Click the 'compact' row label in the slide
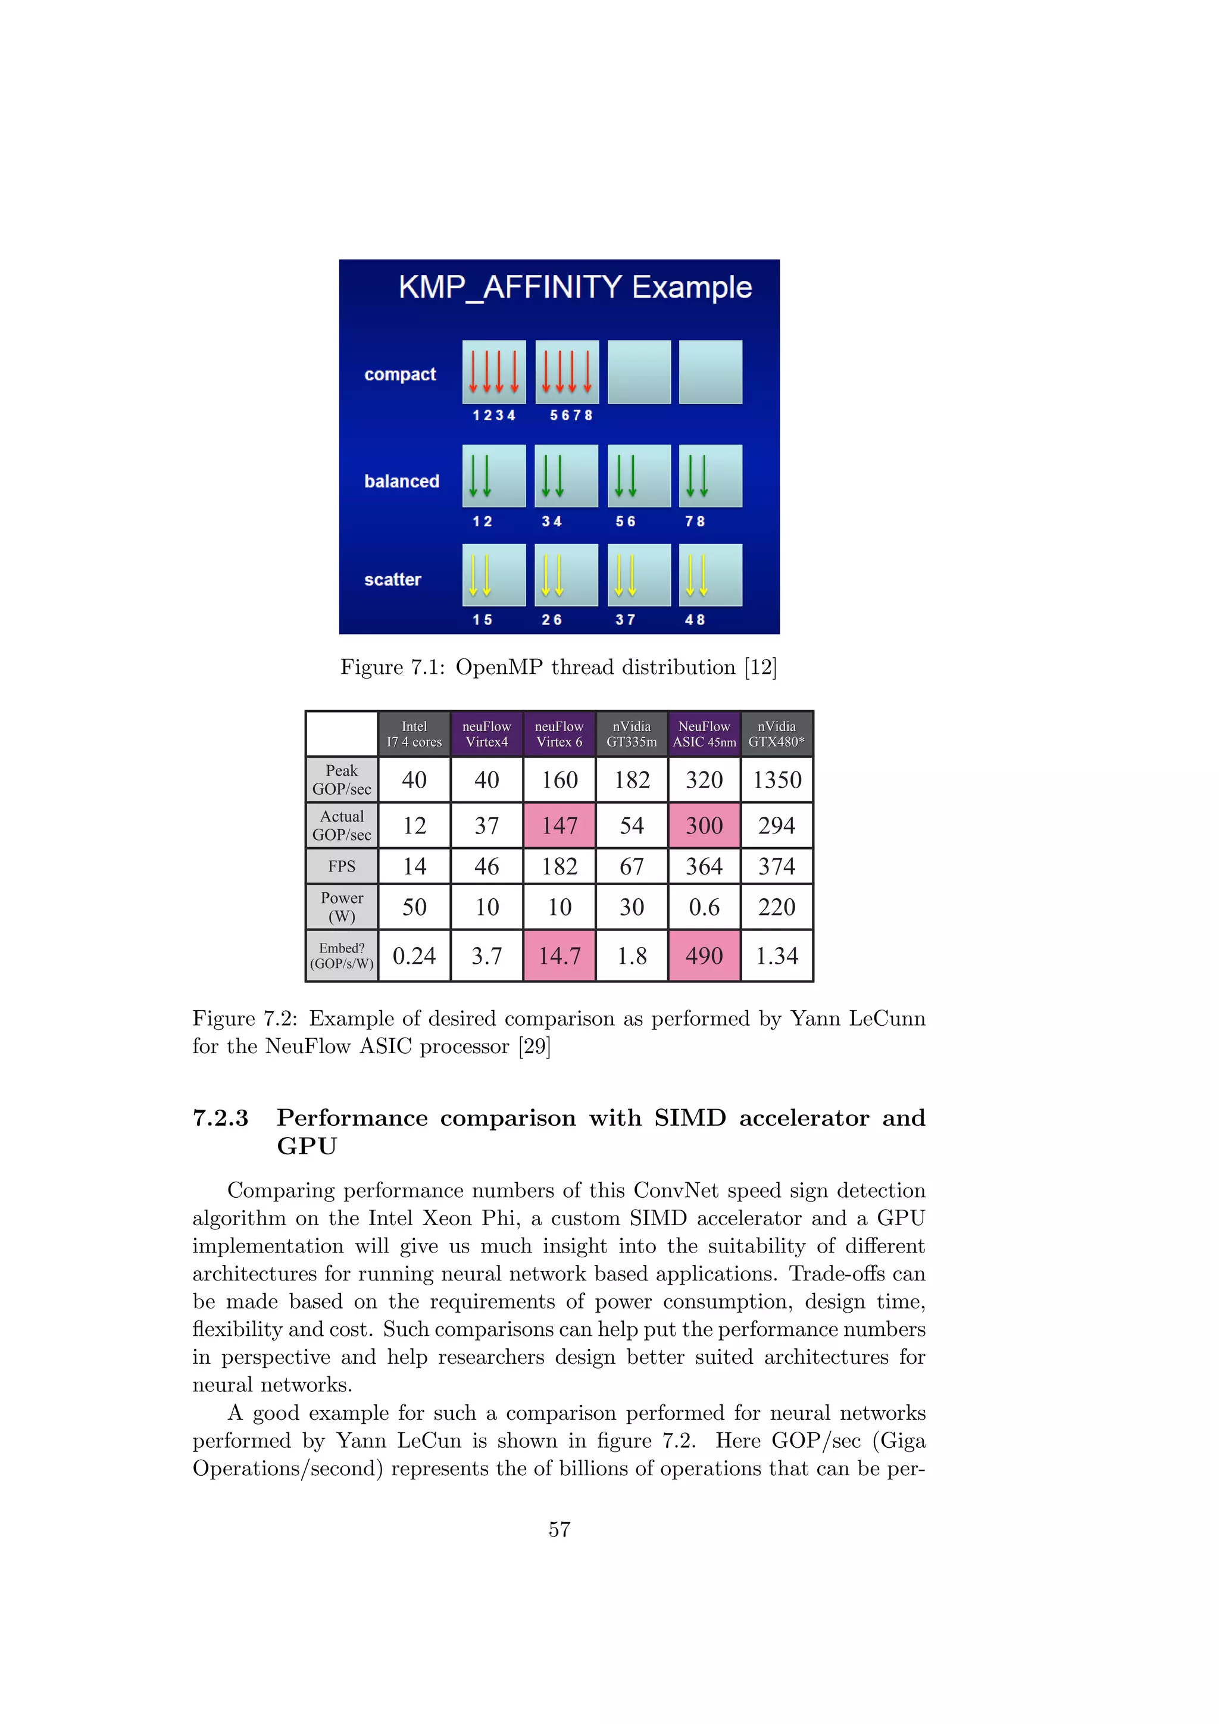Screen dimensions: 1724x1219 (399, 374)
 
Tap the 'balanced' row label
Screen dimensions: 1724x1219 (402, 482)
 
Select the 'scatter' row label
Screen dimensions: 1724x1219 (393, 580)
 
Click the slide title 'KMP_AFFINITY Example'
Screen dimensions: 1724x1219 (575, 288)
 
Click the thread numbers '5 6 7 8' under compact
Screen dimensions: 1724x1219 (571, 416)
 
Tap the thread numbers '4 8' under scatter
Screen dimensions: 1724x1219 (695, 620)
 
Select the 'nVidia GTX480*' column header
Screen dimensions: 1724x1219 (776, 733)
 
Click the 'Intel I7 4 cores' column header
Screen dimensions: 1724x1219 (414, 733)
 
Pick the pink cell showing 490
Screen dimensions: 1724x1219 (704, 956)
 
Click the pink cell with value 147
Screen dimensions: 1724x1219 (560, 826)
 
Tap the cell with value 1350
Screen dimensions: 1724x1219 (777, 780)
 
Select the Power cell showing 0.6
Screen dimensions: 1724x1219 (704, 908)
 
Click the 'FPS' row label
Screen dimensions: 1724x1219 (342, 867)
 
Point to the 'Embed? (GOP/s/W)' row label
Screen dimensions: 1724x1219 (342, 956)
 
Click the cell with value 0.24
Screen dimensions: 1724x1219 (414, 956)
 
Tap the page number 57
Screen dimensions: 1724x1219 (560, 1529)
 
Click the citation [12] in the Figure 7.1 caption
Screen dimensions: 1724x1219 (760, 667)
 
